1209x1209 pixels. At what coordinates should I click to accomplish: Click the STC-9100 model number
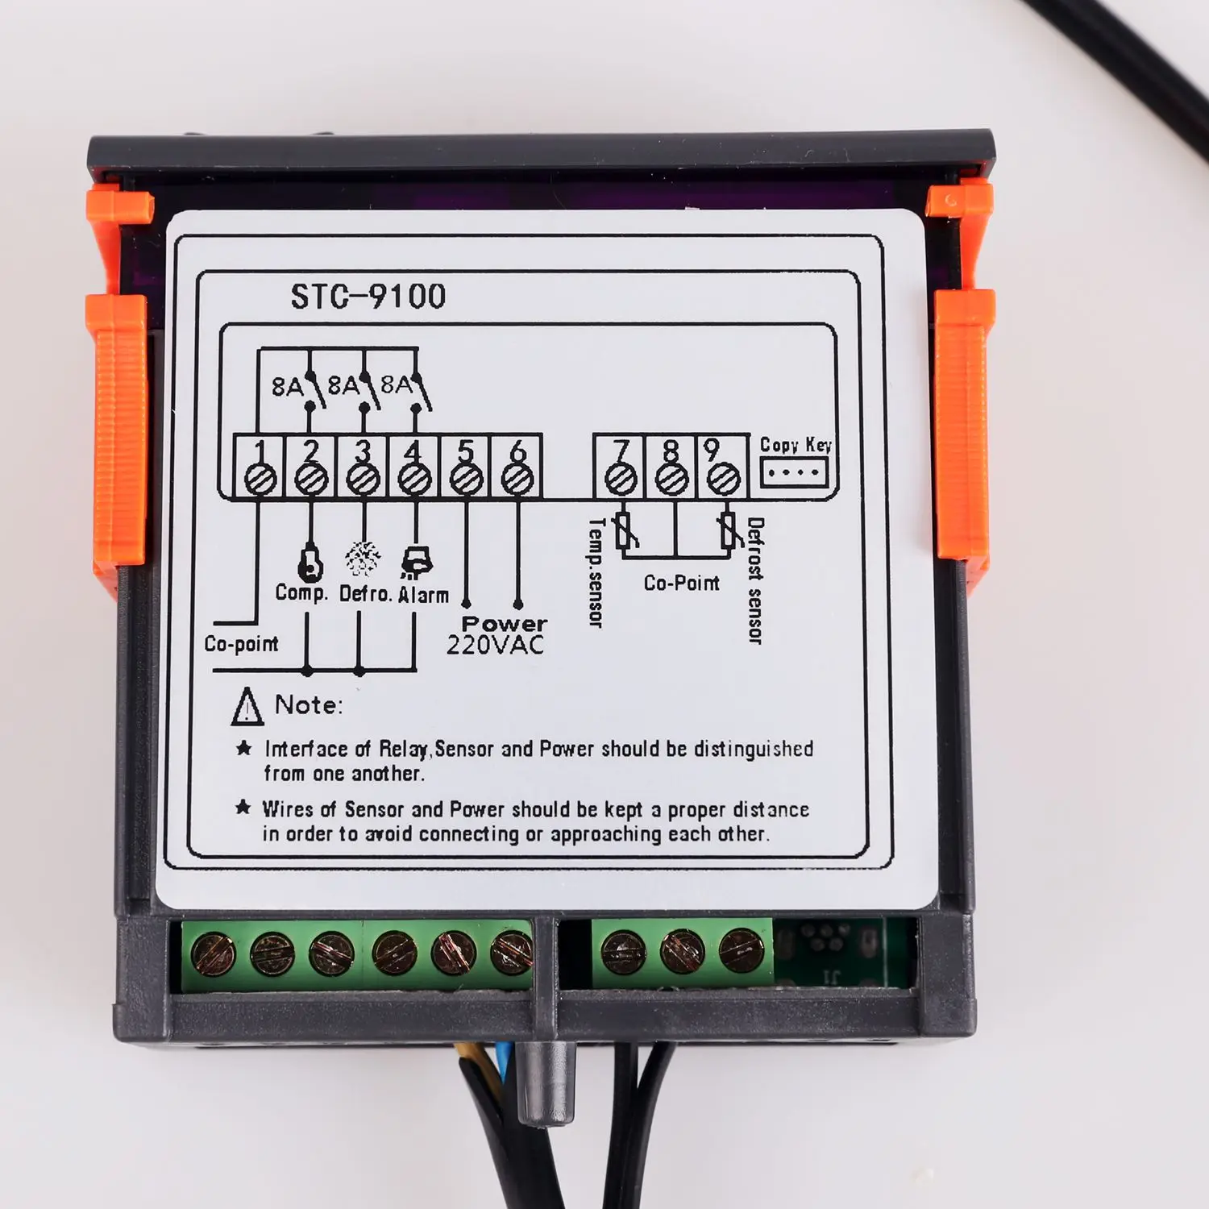pyautogui.click(x=368, y=297)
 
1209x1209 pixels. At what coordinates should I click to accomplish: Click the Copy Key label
pyautogui.click(x=796, y=445)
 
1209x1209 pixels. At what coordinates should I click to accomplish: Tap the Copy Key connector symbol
pyautogui.click(x=794, y=472)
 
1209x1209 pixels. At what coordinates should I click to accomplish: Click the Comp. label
pyautogui.click(x=301, y=593)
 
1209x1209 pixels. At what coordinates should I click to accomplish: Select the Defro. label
pyautogui.click(x=365, y=594)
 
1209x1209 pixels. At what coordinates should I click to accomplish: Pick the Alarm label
pyautogui.click(x=423, y=595)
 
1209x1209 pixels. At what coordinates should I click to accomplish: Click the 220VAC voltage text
pyautogui.click(x=495, y=645)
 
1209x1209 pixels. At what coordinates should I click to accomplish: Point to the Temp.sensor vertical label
pyautogui.click(x=596, y=572)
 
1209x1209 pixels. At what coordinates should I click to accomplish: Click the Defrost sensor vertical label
pyautogui.click(x=755, y=580)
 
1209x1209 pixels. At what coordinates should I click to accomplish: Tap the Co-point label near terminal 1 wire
pyautogui.click(x=241, y=644)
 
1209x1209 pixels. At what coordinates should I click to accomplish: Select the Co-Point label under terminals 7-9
pyautogui.click(x=681, y=583)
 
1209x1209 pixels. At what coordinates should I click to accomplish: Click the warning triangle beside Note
pyautogui.click(x=247, y=707)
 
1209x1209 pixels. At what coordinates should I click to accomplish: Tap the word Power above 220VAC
pyautogui.click(x=504, y=623)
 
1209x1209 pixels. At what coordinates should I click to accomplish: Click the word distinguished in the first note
pyautogui.click(x=754, y=749)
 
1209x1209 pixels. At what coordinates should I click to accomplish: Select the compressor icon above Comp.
pyautogui.click(x=310, y=563)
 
